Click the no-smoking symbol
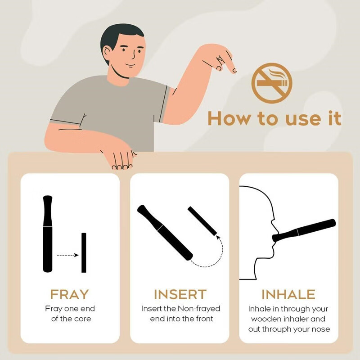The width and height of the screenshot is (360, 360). [272, 83]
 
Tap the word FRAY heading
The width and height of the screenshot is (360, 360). [69, 294]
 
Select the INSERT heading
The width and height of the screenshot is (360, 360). [180, 294]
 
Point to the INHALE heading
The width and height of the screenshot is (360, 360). [288, 294]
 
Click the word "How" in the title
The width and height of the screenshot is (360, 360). [230, 118]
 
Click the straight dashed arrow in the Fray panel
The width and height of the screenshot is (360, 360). [68, 255]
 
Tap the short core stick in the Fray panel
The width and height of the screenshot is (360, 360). [84, 253]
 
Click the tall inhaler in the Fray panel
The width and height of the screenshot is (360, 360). [48, 234]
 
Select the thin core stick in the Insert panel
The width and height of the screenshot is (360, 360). [202, 221]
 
